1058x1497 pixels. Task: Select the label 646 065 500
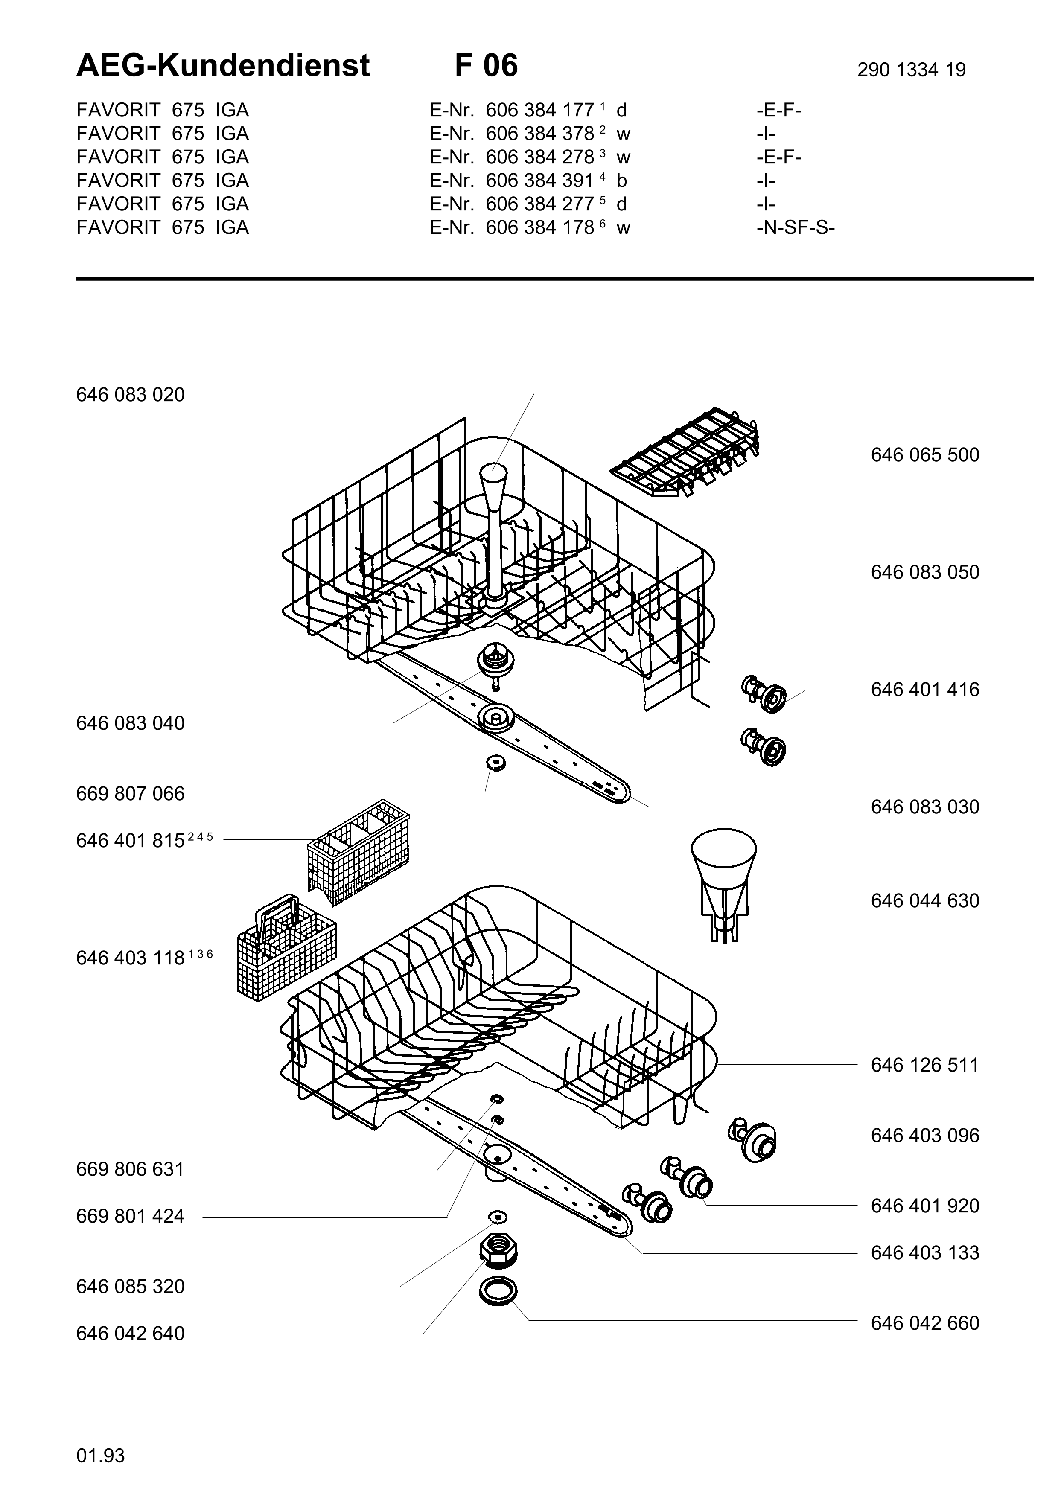click(x=924, y=455)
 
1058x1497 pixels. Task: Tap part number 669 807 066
click(x=130, y=794)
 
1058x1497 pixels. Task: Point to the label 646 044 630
click(x=924, y=901)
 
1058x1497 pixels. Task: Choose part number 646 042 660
click(x=924, y=1324)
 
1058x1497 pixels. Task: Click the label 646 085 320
click(x=130, y=1287)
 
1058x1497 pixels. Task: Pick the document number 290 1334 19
click(x=911, y=70)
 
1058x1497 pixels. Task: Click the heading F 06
click(x=486, y=66)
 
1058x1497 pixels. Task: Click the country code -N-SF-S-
click(x=795, y=227)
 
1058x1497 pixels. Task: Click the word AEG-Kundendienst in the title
click(x=223, y=66)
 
